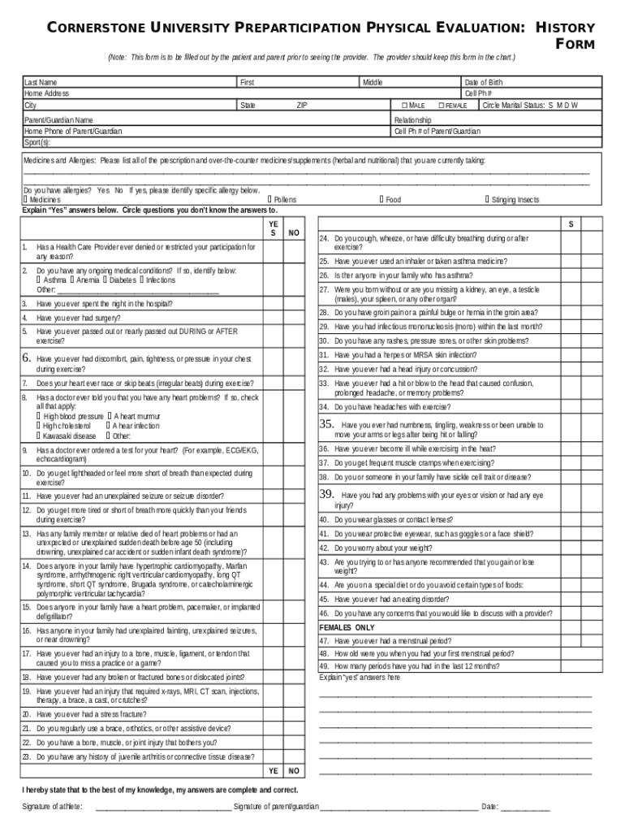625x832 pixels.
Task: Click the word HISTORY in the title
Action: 566,28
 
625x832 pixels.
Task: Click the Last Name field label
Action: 41,83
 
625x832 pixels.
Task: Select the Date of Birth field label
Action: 483,83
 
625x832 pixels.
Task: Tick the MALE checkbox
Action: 404,106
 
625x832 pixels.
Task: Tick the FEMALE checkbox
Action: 441,106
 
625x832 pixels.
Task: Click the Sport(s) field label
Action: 37,141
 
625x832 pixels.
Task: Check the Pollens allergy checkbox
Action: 269,199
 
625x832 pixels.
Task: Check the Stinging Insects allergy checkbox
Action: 487,199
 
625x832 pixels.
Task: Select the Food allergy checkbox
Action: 381,199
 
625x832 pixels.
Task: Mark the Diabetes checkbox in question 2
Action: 106,279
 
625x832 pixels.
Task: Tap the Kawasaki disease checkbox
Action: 38,435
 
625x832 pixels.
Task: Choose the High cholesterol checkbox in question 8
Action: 38,426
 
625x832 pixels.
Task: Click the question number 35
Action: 327,424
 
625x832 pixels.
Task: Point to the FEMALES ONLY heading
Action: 347,628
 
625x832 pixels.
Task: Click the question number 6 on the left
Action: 26,358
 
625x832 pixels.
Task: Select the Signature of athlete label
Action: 52,807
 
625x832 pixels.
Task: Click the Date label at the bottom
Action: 489,807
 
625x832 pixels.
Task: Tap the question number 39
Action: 327,494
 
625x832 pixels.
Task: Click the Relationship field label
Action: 414,119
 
